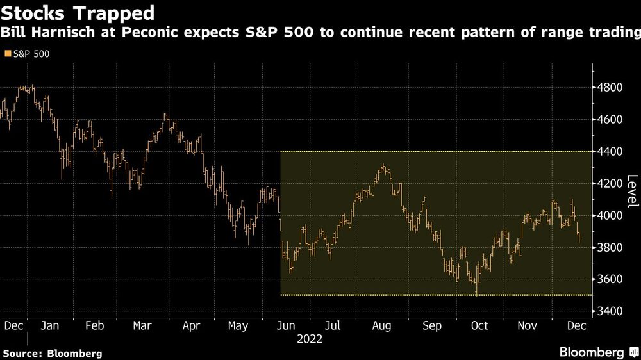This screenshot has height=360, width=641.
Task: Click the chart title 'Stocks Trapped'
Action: point(78,13)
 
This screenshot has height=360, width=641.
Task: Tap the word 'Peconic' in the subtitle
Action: point(149,32)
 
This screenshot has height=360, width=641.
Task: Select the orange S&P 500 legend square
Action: point(8,54)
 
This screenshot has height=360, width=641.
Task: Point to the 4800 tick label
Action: point(609,87)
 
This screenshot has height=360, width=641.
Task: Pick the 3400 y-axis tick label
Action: point(609,311)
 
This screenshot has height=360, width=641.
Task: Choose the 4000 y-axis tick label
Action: point(609,215)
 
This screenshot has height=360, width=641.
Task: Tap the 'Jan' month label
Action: point(50,325)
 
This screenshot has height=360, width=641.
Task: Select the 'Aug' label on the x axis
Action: point(381,326)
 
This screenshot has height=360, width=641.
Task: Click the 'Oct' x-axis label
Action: point(479,325)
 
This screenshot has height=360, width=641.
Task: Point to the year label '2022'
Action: point(310,339)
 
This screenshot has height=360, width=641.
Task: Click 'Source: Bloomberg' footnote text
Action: point(53,354)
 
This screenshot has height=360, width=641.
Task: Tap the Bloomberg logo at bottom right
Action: point(599,352)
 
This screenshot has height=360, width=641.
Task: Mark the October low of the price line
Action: point(477,293)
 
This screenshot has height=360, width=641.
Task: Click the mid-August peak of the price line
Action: point(383,165)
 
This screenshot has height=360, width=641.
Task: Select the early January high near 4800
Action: point(32,86)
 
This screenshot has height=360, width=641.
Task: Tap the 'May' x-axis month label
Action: point(238,326)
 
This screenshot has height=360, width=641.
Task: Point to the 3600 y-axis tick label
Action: point(609,279)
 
